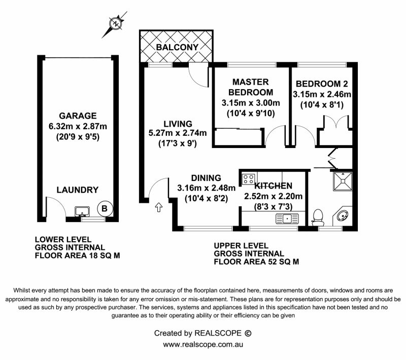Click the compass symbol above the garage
click(116, 23)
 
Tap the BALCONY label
click(177, 47)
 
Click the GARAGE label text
click(77, 116)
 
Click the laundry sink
click(81, 210)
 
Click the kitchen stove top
click(249, 178)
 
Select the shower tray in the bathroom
click(343, 180)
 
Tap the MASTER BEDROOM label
click(251, 87)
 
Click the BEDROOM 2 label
click(321, 84)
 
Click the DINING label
click(206, 178)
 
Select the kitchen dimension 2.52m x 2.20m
click(273, 196)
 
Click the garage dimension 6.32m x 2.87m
click(77, 125)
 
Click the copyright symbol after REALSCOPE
click(248, 333)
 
